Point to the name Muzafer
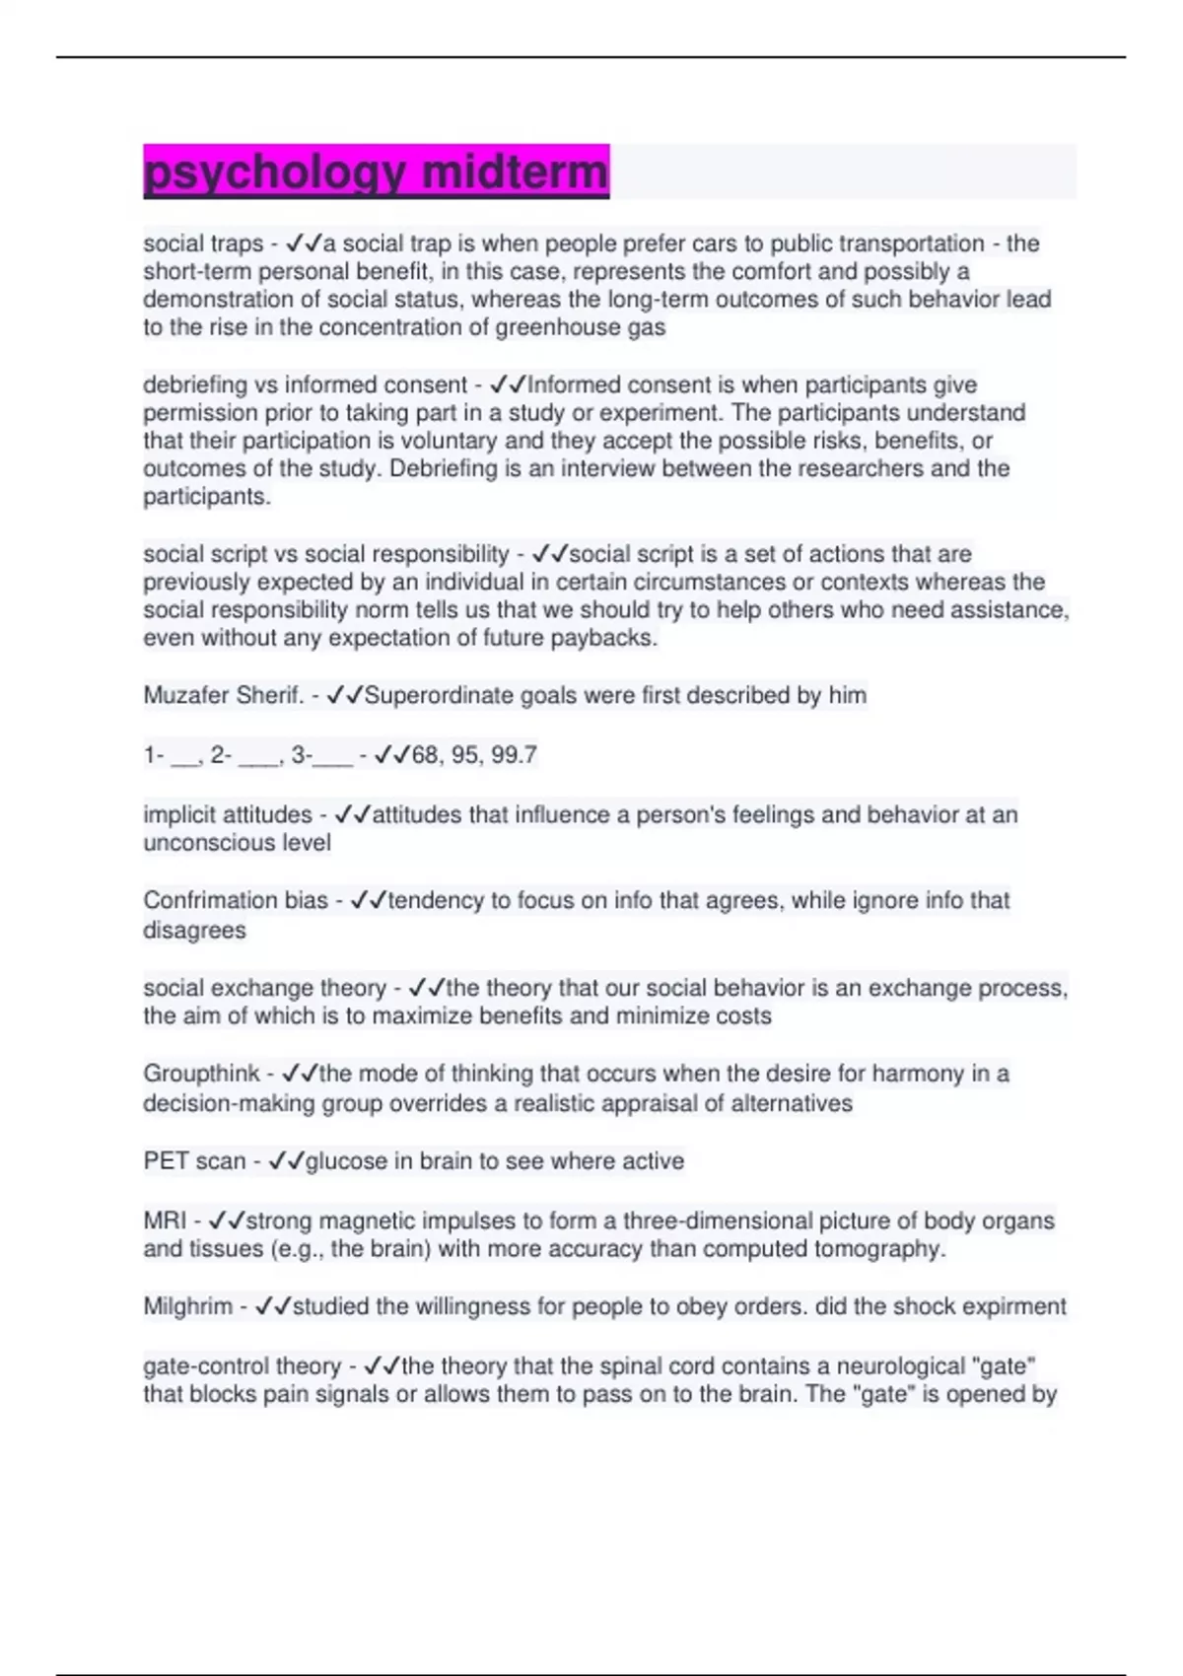point(185,696)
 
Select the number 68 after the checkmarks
point(425,755)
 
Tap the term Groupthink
point(201,1074)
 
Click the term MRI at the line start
point(165,1221)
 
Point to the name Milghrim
point(188,1307)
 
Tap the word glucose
point(346,1161)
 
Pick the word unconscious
point(237,843)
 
